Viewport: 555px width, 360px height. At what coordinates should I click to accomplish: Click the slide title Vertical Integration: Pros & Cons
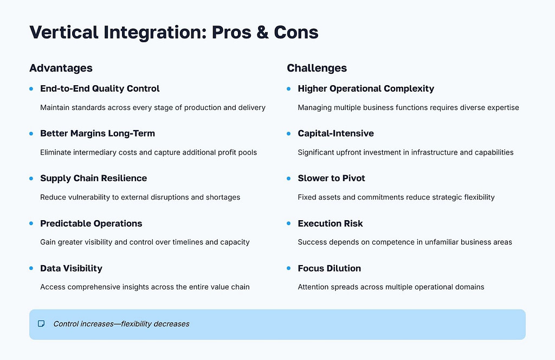coord(173,33)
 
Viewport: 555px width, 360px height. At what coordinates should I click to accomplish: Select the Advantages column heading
coord(61,68)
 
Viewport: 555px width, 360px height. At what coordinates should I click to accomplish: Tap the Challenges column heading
coord(317,68)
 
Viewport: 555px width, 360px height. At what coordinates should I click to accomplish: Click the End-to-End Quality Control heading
coord(100,88)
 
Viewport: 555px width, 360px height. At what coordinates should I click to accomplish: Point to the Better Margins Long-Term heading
coord(97,133)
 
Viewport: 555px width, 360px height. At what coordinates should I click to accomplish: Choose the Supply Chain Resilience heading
coord(93,178)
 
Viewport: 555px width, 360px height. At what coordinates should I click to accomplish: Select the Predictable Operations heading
coord(91,223)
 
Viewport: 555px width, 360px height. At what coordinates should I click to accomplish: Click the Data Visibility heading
coord(71,268)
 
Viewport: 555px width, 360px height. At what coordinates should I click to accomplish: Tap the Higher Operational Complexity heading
coord(366,88)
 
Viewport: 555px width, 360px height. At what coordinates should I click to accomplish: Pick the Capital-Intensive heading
coord(335,133)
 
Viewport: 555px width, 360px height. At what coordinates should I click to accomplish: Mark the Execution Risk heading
coord(330,223)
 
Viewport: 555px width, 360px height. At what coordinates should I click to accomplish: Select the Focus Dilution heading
coord(329,268)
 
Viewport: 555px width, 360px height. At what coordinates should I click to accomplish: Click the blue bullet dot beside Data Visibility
coord(31,268)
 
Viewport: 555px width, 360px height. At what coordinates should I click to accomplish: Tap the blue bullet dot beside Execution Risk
coord(289,223)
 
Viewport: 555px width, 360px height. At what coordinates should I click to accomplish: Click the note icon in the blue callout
coord(41,324)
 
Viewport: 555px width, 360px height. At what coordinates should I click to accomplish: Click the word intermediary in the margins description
coord(95,152)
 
